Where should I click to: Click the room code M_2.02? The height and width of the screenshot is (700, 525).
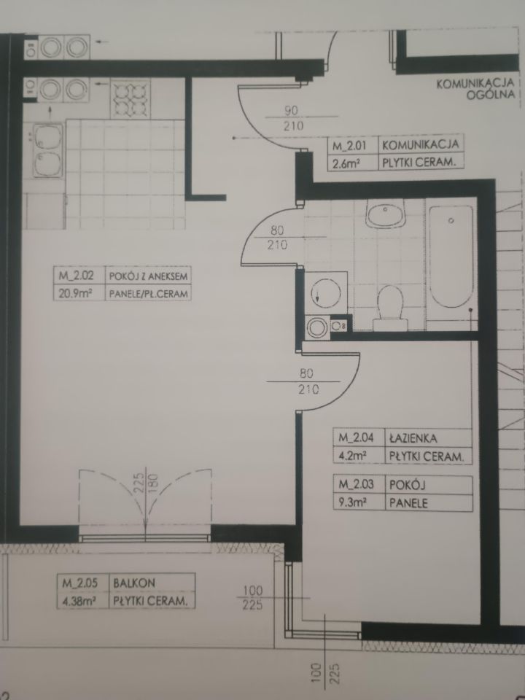tap(76, 276)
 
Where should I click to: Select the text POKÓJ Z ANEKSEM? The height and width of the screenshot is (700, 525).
tap(148, 276)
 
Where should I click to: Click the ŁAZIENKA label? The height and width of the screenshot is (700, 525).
tap(413, 438)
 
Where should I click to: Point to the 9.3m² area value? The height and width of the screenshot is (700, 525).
tap(353, 502)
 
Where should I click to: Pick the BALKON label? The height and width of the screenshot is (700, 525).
tap(134, 583)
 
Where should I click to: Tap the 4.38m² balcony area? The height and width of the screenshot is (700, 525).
tap(79, 601)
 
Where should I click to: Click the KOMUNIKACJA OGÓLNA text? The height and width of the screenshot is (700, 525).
tap(475, 88)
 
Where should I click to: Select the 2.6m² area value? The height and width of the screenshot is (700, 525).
tap(346, 163)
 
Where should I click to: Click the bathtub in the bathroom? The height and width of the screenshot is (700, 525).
tap(451, 257)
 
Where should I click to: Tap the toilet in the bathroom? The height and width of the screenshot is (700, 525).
tap(390, 308)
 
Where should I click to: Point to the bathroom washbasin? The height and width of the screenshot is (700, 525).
tap(385, 214)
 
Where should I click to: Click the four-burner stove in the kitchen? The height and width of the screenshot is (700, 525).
tap(131, 98)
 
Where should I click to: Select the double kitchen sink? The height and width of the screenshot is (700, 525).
tap(48, 150)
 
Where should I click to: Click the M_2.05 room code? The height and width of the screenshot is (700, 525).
tap(79, 583)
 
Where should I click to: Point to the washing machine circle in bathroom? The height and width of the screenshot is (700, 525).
tap(325, 292)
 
